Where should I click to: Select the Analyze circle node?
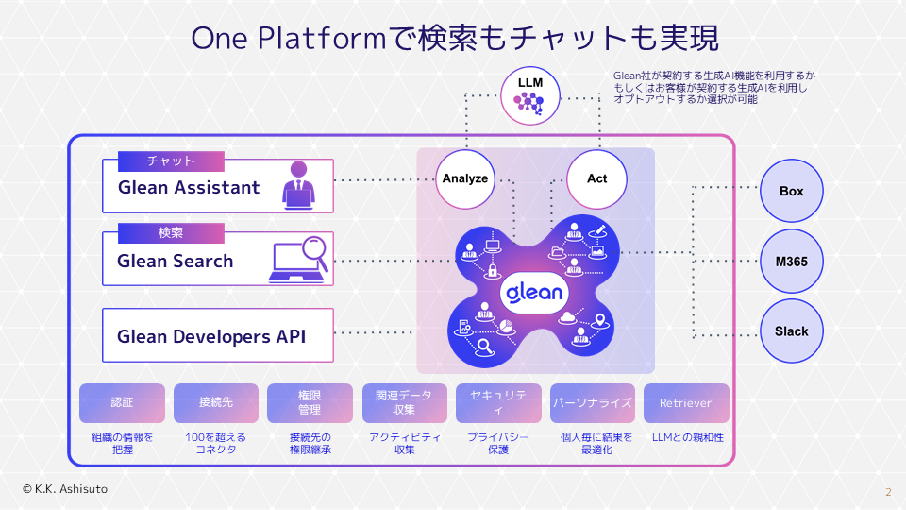[x=465, y=178]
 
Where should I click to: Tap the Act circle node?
[x=596, y=178]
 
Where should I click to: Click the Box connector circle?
[x=791, y=192]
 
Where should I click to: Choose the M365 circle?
[x=791, y=262]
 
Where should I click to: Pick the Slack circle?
[x=791, y=331]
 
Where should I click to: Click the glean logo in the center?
[x=534, y=292]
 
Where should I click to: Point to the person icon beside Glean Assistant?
[x=298, y=185]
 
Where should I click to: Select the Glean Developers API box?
[x=218, y=335]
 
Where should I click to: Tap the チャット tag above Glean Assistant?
[x=171, y=161]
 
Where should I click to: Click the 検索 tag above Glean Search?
[x=171, y=233]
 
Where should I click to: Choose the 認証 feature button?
[x=122, y=403]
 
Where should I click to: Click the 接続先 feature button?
[x=216, y=403]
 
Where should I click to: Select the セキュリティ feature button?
[x=498, y=403]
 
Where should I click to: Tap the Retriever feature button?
[x=686, y=403]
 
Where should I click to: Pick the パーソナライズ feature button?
[x=592, y=403]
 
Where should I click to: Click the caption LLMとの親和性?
[x=687, y=437]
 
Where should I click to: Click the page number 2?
[x=887, y=492]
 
